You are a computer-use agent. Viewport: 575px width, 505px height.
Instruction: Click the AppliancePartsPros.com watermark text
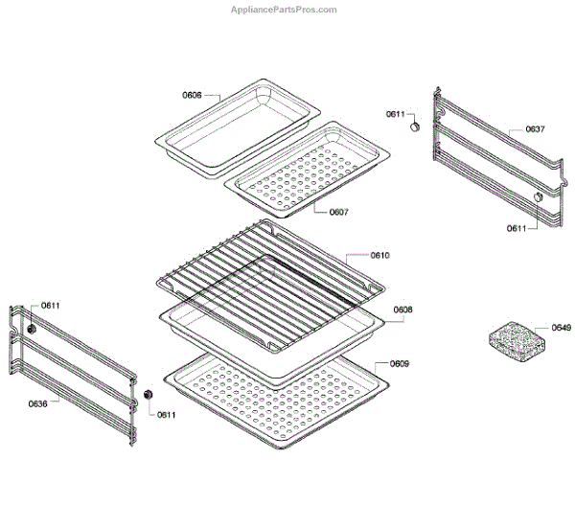click(x=286, y=10)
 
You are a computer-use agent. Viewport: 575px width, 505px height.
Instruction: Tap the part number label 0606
click(x=192, y=95)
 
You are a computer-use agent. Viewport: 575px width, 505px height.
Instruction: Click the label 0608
click(x=402, y=310)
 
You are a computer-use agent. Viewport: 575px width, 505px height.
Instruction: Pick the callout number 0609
click(x=400, y=364)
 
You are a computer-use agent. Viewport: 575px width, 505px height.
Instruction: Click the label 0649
click(x=561, y=329)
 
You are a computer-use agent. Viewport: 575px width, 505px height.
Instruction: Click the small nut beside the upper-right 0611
click(x=416, y=126)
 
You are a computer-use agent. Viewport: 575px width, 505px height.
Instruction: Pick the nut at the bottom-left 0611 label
click(x=149, y=396)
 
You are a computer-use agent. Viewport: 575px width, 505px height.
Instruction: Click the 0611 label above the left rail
click(x=50, y=306)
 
